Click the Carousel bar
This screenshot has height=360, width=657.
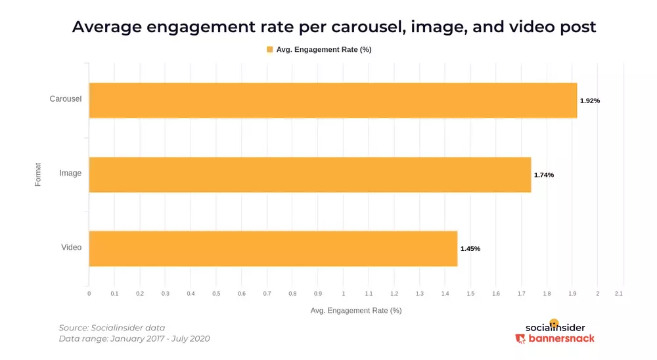click(x=333, y=101)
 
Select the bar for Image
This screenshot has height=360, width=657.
click(x=309, y=175)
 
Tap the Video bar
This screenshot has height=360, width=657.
click(x=273, y=248)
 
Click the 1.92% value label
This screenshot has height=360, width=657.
click(x=589, y=101)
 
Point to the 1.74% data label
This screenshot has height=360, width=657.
click(x=543, y=175)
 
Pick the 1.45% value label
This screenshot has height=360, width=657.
click(x=470, y=249)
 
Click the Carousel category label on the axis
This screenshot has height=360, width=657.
click(x=66, y=99)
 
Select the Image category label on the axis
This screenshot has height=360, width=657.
click(x=70, y=173)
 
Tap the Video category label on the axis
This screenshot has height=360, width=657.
click(x=71, y=248)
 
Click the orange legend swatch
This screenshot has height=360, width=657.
click(x=269, y=49)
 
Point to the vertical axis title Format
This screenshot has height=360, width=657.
click(x=38, y=173)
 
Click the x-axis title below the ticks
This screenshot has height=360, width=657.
click(x=355, y=310)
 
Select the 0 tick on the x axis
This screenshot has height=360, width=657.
click(x=89, y=293)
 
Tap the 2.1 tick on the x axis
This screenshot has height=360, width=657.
click(x=618, y=293)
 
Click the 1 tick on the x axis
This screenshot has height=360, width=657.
click(x=343, y=293)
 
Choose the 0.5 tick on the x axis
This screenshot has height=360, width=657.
click(x=216, y=293)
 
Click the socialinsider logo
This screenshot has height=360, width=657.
click(x=555, y=326)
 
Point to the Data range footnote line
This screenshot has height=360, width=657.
click(x=134, y=338)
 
